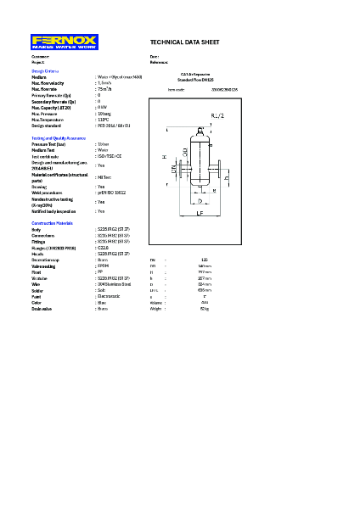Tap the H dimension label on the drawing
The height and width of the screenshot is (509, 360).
click(x=163, y=158)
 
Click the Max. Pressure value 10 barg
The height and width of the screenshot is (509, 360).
click(x=104, y=114)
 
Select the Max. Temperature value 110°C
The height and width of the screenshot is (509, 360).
click(x=104, y=120)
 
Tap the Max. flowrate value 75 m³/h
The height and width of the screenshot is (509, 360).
click(x=104, y=89)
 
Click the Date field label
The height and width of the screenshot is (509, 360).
click(x=154, y=57)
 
